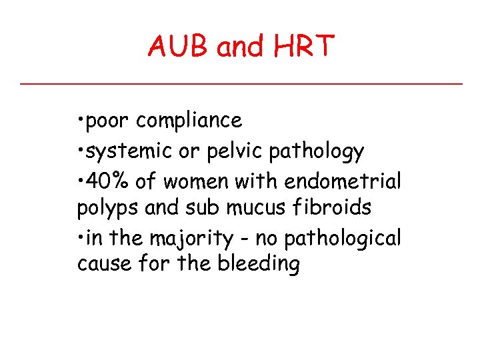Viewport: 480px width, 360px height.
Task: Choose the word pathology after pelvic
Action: pyautogui.click(x=316, y=152)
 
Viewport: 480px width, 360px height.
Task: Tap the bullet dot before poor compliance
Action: pyautogui.click(x=80, y=121)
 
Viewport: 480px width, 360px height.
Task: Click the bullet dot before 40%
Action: pyautogui.click(x=80, y=181)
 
